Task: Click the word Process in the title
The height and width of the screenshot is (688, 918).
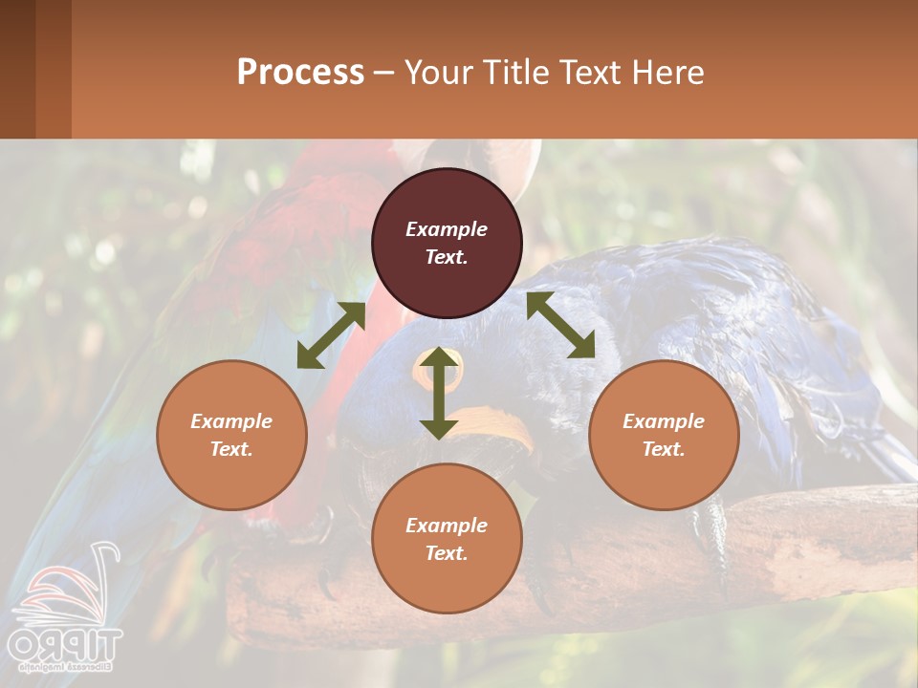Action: pos(300,73)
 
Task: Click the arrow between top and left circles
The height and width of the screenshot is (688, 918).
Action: pos(331,335)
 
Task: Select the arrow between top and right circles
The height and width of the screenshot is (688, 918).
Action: pos(561,325)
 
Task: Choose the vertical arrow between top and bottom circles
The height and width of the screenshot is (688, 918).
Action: pos(439,393)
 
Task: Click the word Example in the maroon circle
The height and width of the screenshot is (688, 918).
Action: pos(447,229)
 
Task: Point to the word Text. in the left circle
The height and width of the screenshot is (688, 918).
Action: pos(231,449)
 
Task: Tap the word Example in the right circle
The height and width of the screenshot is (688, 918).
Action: pos(664,421)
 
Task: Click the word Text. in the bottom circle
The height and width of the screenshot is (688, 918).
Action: pos(447,553)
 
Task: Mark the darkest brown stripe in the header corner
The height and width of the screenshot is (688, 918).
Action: pos(17,69)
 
